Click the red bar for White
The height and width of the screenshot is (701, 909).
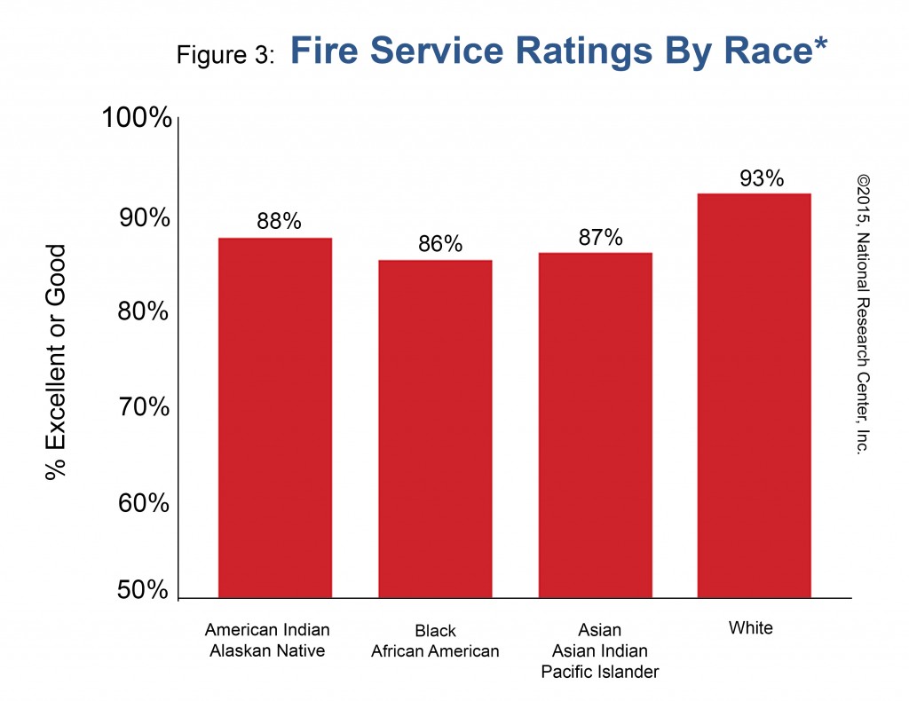(754, 396)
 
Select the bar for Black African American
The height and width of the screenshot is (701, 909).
(435, 429)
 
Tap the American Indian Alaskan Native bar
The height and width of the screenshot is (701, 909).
(275, 418)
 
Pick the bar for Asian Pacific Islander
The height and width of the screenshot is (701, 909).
(595, 426)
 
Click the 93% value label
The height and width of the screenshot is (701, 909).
(762, 178)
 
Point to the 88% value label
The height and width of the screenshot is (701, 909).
(279, 222)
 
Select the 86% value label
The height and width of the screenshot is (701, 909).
(440, 244)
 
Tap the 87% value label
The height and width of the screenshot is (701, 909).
(600, 237)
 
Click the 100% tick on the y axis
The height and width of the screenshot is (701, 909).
(137, 117)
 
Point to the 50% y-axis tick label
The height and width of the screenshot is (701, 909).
(142, 591)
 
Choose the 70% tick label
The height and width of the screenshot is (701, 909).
(144, 407)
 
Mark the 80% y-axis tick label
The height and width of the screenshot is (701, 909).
(144, 312)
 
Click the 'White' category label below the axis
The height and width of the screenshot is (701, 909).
(750, 628)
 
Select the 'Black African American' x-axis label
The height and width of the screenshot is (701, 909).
(435, 641)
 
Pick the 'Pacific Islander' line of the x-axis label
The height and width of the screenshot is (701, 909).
(600, 672)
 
